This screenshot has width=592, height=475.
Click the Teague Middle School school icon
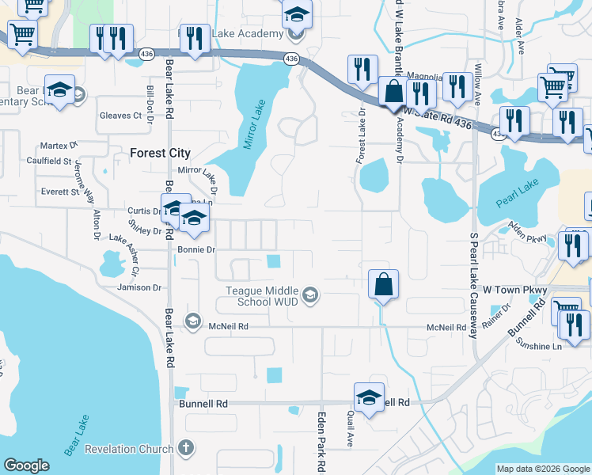coord(311,296)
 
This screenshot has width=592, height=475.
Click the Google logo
coord(26,465)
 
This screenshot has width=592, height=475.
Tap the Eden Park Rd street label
coord(322,441)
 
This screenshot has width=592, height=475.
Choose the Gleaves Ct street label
coord(120,116)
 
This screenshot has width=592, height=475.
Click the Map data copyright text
coord(542,469)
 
